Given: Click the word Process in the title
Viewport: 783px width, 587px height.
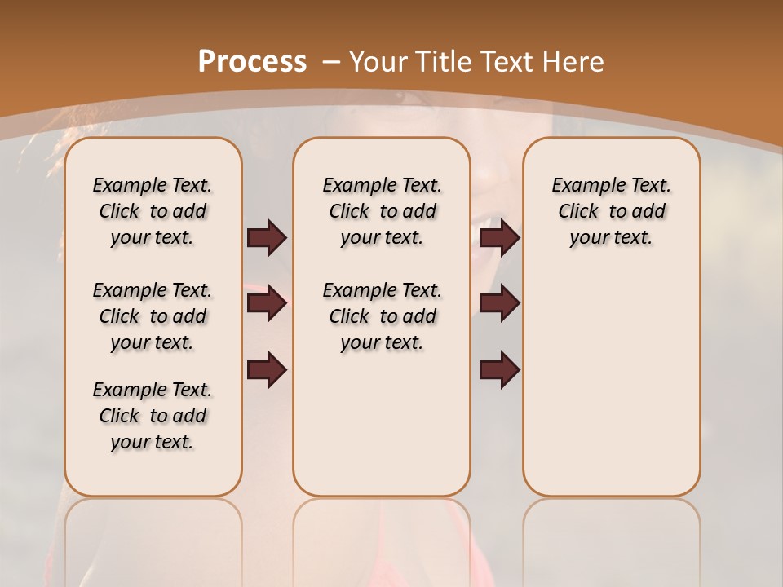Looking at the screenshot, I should (x=252, y=61).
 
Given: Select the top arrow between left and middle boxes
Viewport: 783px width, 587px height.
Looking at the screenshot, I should (x=267, y=238).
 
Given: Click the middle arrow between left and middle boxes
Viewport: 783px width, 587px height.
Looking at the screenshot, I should (x=267, y=304).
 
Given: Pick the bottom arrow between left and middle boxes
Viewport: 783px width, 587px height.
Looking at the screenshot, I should (x=267, y=370).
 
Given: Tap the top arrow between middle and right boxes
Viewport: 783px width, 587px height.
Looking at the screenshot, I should (x=499, y=238).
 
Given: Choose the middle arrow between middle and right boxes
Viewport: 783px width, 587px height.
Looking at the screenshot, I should (x=499, y=304).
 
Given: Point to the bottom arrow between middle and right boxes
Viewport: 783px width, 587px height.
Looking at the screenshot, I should (x=499, y=370).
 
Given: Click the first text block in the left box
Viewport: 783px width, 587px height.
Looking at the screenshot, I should (x=153, y=211).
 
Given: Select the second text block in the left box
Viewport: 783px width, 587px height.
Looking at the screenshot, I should (x=153, y=316).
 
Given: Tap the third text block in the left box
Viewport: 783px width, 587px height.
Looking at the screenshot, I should (x=153, y=416).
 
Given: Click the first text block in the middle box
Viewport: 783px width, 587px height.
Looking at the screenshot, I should (x=382, y=211).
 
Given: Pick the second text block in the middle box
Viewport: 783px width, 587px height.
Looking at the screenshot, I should (x=382, y=316).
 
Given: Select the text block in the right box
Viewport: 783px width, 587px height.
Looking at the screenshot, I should (x=611, y=211).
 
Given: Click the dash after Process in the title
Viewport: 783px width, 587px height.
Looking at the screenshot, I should (x=331, y=61).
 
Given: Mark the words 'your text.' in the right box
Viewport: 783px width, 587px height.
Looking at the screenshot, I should (x=611, y=238).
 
